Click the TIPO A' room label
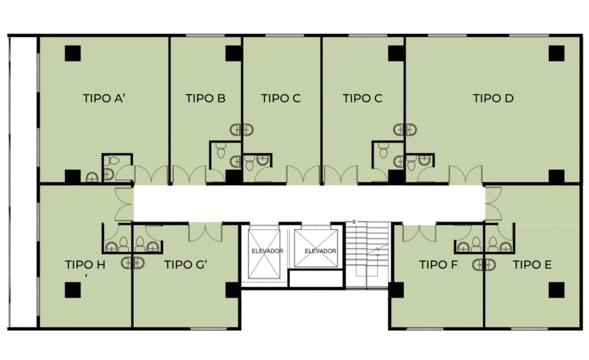104,98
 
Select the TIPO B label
205,98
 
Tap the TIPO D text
493,98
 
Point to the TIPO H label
85,265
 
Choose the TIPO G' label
186,265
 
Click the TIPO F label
438,265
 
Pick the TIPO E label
532,265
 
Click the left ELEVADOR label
267,251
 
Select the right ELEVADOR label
320,251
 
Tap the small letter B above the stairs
354,222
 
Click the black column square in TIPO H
72,290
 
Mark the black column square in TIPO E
556,290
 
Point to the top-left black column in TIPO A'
72,53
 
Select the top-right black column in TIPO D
556,53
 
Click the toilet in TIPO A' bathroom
111,161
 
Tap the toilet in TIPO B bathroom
221,151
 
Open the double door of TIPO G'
205,232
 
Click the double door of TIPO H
124,204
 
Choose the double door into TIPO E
494,204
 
